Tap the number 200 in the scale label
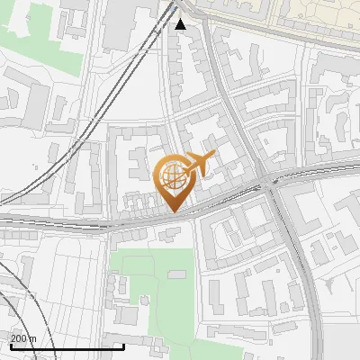pyautogui.click(x=19, y=338)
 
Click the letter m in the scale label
pyautogui.click(x=33, y=338)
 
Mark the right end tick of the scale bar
pyautogui.click(x=123, y=345)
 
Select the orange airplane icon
pyautogui.click(x=199, y=166)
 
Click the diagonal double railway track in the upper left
pyautogui.click(x=126, y=72)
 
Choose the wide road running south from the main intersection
pyautogui.click(x=306, y=270)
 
